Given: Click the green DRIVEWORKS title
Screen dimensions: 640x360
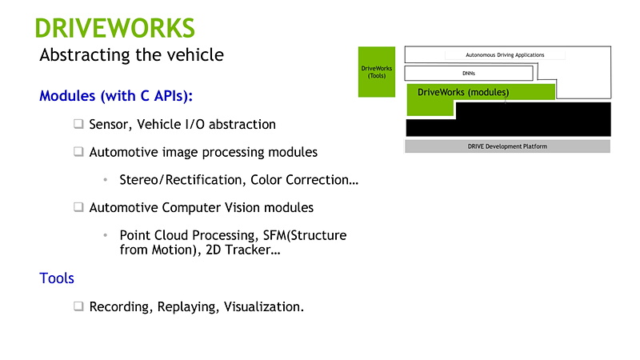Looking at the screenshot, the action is pyautogui.click(x=114, y=28).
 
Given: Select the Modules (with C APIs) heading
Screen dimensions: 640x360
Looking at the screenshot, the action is pyautogui.click(x=116, y=95).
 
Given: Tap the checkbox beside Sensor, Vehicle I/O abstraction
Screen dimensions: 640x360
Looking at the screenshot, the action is pyautogui.click(x=78, y=124).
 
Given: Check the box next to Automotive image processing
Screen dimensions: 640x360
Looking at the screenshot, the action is pyautogui.click(x=78, y=151).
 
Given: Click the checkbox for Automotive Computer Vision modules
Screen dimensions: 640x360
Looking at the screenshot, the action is pyautogui.click(x=78, y=207).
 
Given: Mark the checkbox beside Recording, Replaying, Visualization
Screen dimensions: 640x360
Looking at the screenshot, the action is pyautogui.click(x=78, y=306).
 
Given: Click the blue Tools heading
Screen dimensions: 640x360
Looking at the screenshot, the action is pyautogui.click(x=57, y=278).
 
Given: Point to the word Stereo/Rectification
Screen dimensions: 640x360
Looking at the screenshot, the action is pyautogui.click(x=183, y=179).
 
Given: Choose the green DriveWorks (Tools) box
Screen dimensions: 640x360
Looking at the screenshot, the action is pyautogui.click(x=377, y=72).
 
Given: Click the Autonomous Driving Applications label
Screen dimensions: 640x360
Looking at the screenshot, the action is pyautogui.click(x=505, y=54).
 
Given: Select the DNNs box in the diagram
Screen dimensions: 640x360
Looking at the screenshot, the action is pyautogui.click(x=469, y=74).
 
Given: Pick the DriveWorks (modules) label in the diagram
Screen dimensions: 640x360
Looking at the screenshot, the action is pyautogui.click(x=463, y=92).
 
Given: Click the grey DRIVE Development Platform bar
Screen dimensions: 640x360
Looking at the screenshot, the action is pyautogui.click(x=507, y=146).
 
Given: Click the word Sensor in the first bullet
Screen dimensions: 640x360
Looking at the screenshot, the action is pyautogui.click(x=110, y=125).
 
